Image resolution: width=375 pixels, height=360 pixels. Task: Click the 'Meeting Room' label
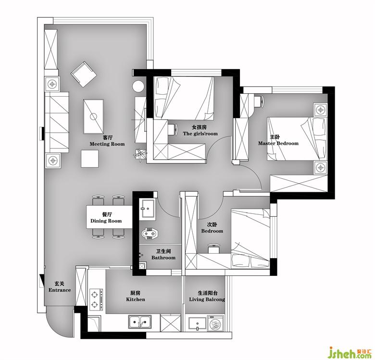(x=107, y=144)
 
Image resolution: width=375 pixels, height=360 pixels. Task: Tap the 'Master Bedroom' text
(x=278, y=143)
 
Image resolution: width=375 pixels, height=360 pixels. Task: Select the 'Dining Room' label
(x=106, y=221)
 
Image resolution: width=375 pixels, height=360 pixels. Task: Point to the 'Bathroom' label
(x=163, y=258)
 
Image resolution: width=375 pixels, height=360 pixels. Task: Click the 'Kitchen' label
(x=136, y=299)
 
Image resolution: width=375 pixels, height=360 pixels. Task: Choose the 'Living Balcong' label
(x=207, y=299)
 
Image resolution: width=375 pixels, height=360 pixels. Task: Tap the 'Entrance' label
(x=60, y=290)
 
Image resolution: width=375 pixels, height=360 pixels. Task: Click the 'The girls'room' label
(x=200, y=134)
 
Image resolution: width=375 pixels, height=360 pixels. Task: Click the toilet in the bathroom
(x=149, y=233)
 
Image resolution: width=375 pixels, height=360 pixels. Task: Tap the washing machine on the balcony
(x=216, y=323)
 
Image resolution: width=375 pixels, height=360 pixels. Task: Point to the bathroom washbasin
(x=148, y=208)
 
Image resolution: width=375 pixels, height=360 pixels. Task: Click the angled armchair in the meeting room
(x=84, y=74)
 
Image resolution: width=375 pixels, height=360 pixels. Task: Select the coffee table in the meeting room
(x=93, y=116)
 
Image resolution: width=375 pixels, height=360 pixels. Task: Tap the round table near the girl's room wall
(x=138, y=86)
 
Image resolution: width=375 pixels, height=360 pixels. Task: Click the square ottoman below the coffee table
(x=90, y=159)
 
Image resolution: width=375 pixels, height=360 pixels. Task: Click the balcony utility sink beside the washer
(x=197, y=324)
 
